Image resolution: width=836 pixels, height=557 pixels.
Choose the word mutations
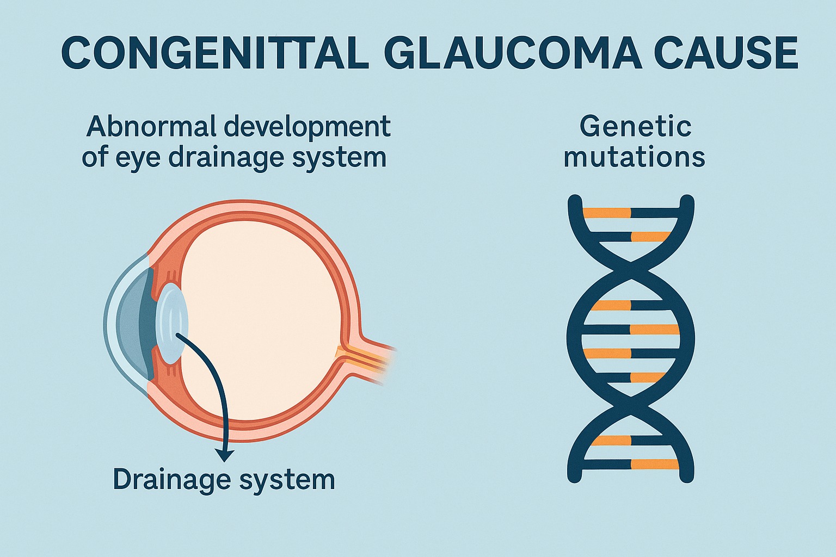[x=634, y=157]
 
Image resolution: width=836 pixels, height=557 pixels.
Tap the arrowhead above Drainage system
[x=225, y=455]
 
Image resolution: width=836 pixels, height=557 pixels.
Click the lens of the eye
[x=173, y=323]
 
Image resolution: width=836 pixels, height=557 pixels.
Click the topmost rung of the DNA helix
[x=631, y=213]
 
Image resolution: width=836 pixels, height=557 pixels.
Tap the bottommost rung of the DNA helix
[x=631, y=464]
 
